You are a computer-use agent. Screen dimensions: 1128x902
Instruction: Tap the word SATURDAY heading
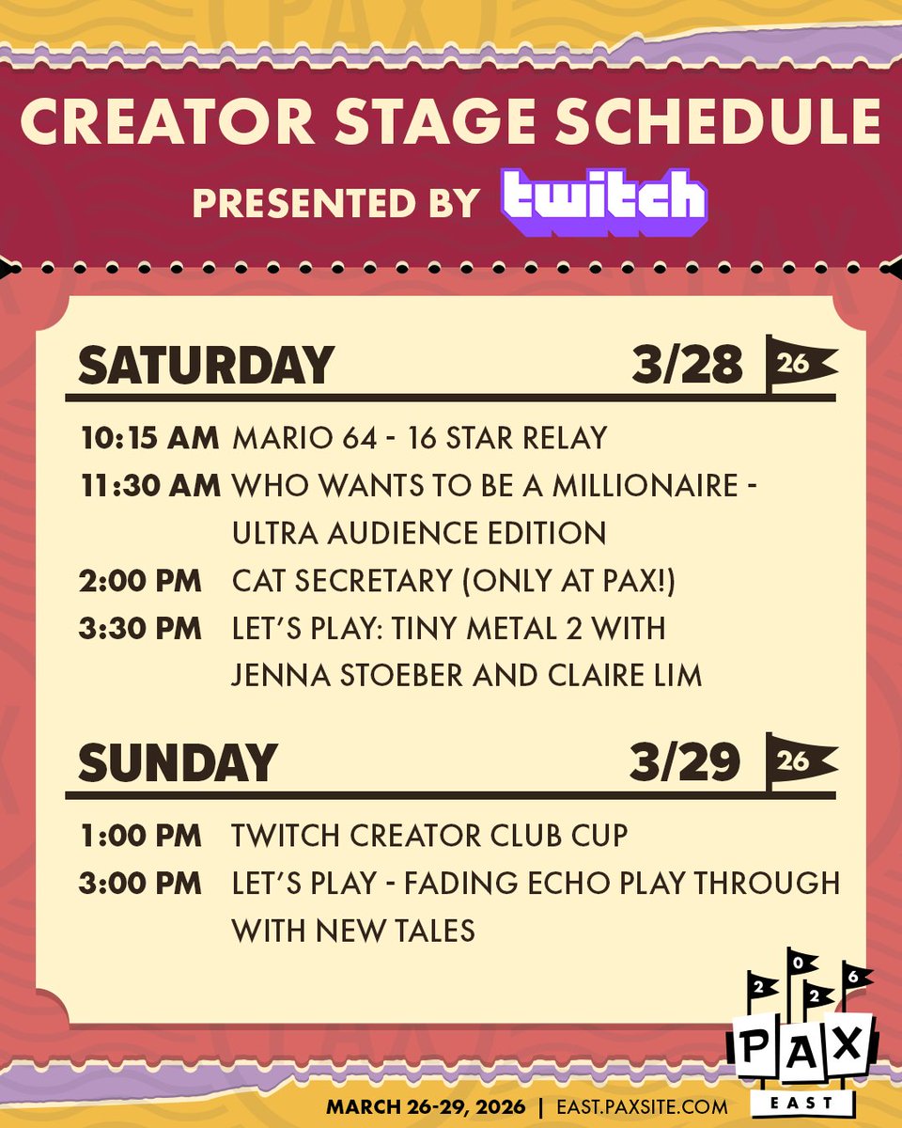click(x=206, y=365)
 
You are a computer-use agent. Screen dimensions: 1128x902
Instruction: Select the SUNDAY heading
click(x=178, y=761)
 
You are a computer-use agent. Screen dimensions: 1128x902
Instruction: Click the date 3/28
click(x=688, y=365)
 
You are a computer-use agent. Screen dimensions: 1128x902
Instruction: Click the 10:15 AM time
click(x=150, y=438)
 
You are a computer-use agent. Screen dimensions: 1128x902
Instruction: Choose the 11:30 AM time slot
click(x=150, y=486)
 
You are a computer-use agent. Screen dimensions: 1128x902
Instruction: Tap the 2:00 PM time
click(x=140, y=581)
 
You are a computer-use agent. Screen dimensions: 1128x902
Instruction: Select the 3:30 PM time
click(x=140, y=629)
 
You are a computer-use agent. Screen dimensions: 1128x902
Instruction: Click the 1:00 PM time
click(x=140, y=835)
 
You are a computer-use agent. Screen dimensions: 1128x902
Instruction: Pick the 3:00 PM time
click(x=140, y=883)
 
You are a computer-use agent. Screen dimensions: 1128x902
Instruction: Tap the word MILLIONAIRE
click(x=643, y=486)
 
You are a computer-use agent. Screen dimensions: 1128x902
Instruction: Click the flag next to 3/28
click(x=799, y=363)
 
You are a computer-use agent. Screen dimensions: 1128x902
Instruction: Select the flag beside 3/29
click(x=799, y=760)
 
